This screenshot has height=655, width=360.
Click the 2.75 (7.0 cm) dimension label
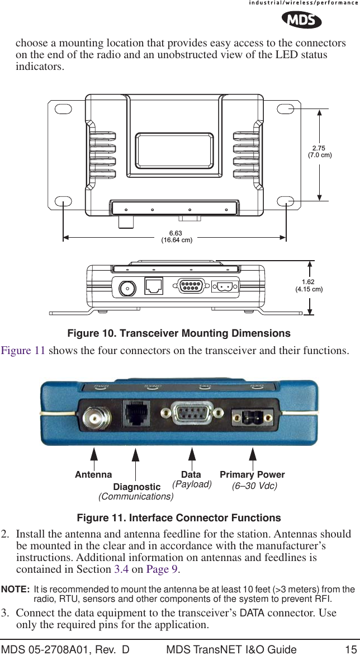pos(319,152)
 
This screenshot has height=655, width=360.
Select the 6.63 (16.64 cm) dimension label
pos(177,237)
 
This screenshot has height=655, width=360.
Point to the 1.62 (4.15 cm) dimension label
pos(309,286)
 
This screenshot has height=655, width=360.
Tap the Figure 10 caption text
pos(179,333)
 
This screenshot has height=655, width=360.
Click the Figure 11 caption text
pos(179,517)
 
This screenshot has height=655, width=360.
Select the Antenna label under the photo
pos(93,474)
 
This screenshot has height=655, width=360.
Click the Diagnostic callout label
pos(137,487)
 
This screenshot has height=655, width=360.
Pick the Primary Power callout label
pos(252,474)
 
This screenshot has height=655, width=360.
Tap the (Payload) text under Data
pos(192,484)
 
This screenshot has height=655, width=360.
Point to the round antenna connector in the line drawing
pos(127,288)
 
